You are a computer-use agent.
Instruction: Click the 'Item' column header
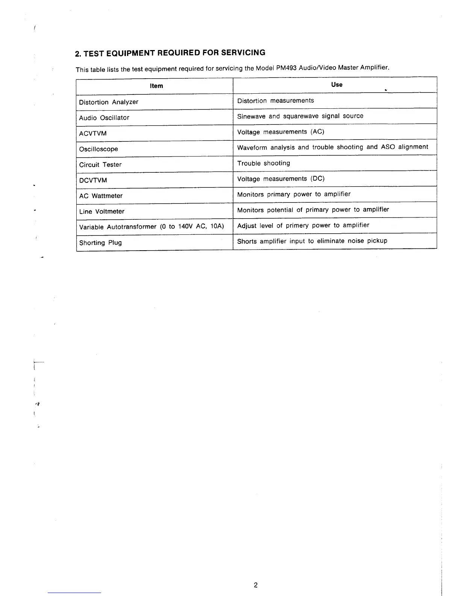tap(156, 86)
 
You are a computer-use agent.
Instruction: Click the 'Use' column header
tap(337, 85)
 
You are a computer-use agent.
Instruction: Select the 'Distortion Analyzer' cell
tap(109, 102)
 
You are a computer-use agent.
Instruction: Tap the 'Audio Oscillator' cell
tap(104, 118)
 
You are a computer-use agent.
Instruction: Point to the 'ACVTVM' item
tap(93, 134)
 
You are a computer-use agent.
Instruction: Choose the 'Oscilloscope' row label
tap(98, 149)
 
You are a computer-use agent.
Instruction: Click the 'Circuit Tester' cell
tap(100, 165)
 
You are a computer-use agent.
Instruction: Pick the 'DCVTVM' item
tap(93, 180)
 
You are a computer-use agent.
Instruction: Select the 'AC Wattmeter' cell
tap(101, 196)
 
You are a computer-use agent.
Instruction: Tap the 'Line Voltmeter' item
tap(101, 211)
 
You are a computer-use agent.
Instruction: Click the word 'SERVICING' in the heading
tap(243, 53)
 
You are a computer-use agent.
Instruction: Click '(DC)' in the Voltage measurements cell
tap(318, 179)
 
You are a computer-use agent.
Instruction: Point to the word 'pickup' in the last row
tap(377, 241)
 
